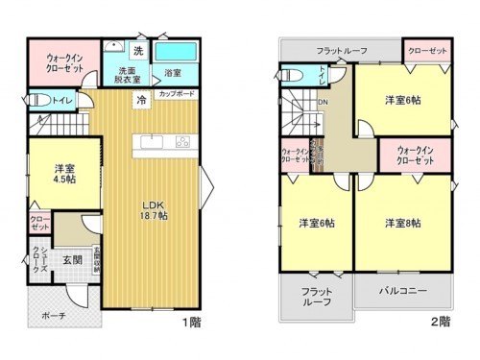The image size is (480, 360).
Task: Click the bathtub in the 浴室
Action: click(175, 51)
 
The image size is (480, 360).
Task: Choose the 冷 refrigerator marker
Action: click(141, 99)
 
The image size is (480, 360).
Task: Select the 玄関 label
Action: click(73, 259)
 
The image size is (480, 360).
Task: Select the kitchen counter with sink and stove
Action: click(166, 142)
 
